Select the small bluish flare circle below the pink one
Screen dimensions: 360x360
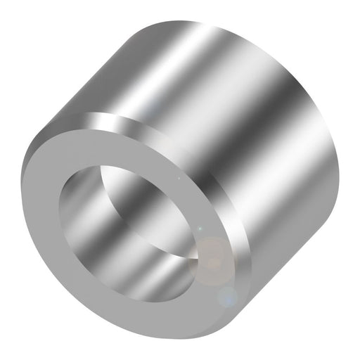pos(226,297)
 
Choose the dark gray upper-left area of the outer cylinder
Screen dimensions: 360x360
pos(98,77)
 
